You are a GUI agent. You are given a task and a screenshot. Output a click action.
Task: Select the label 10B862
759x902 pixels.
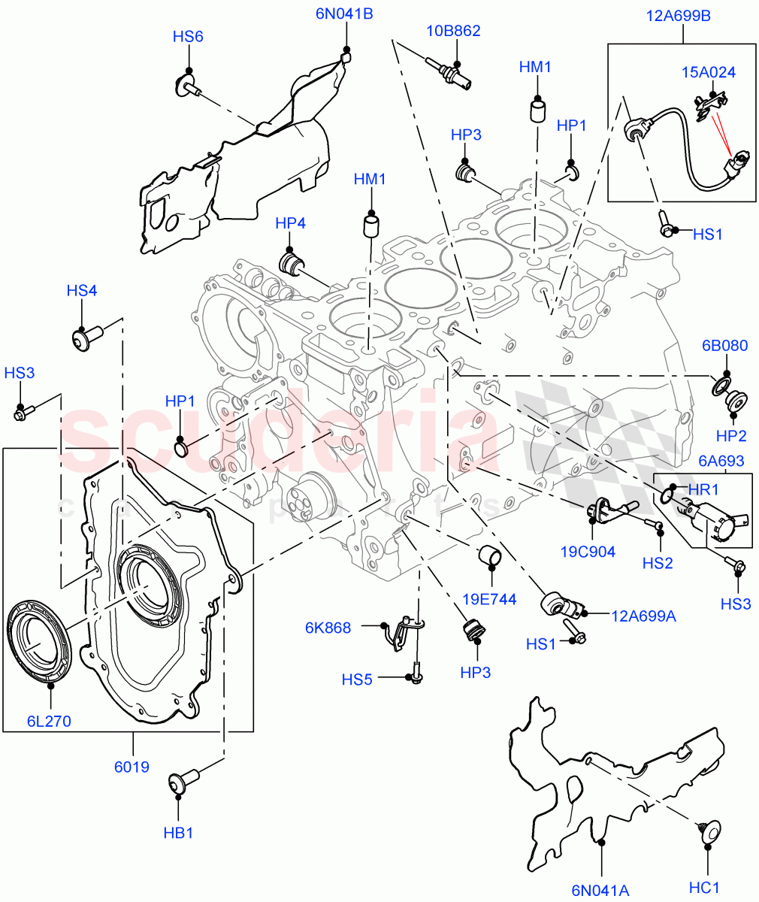(453, 31)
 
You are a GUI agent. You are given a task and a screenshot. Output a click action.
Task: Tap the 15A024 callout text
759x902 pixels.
(708, 72)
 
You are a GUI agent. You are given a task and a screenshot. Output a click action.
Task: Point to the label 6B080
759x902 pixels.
(724, 346)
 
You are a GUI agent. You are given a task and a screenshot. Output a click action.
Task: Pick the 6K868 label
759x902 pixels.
(328, 628)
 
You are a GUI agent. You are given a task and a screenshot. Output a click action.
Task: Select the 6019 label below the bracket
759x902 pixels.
(133, 767)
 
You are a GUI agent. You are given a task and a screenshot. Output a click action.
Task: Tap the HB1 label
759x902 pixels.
(178, 833)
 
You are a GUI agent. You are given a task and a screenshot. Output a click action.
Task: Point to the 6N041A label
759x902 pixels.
(600, 891)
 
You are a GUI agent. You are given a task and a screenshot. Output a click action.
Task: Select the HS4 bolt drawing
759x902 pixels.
(83, 340)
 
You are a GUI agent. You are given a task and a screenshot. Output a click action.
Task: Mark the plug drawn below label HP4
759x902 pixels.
(290, 264)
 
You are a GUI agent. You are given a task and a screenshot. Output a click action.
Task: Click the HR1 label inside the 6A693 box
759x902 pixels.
(703, 489)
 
